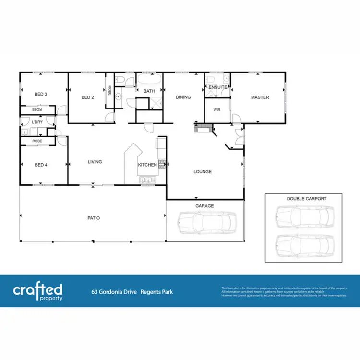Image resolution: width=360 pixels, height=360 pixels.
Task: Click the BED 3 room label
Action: pyautogui.click(x=40, y=94)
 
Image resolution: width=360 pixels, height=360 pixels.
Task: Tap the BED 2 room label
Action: pyautogui.click(x=87, y=97)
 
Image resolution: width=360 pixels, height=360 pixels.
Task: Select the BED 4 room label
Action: pyautogui.click(x=40, y=165)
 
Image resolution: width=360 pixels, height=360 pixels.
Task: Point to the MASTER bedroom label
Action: pyautogui.click(x=260, y=97)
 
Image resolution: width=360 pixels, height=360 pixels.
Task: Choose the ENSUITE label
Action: pyautogui.click(x=217, y=87)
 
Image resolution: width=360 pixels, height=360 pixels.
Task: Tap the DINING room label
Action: pyautogui.click(x=183, y=97)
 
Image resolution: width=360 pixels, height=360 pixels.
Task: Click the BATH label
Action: pyautogui.click(x=149, y=91)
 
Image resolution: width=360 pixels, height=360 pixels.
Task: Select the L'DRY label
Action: pyautogui.click(x=37, y=122)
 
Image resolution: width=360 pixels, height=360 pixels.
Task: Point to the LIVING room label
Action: pyautogui.click(x=95, y=162)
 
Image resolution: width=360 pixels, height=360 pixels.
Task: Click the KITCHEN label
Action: pyautogui.click(x=147, y=165)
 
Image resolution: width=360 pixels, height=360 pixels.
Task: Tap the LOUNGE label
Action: pyautogui.click(x=203, y=171)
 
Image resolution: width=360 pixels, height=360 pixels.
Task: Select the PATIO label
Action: pyautogui.click(x=94, y=218)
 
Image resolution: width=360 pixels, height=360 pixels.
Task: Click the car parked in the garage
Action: pyautogui.click(x=207, y=222)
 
